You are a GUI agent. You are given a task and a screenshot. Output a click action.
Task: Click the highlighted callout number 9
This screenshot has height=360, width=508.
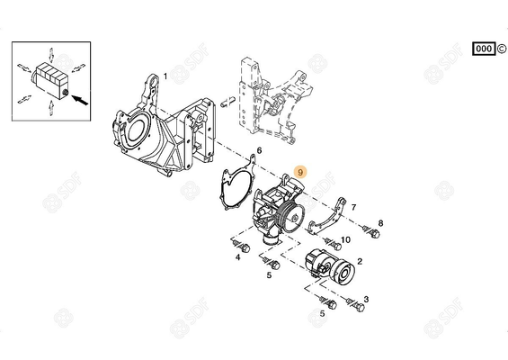(x=301, y=168)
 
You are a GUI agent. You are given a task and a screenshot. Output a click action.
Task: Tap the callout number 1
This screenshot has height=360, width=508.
(x=164, y=76)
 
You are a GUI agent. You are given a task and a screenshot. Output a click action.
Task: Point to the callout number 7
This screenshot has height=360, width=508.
(x=352, y=207)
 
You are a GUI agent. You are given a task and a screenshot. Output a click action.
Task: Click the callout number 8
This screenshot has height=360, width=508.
(x=380, y=222)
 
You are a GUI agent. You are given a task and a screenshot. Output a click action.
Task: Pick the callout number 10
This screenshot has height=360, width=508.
(x=345, y=239)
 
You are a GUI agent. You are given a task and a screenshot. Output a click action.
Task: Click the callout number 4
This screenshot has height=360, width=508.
(x=237, y=256)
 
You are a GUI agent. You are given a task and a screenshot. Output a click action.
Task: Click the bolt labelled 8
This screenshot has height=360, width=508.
(x=366, y=230)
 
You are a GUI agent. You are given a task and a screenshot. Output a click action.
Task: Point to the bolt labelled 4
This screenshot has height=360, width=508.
(x=239, y=242)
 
